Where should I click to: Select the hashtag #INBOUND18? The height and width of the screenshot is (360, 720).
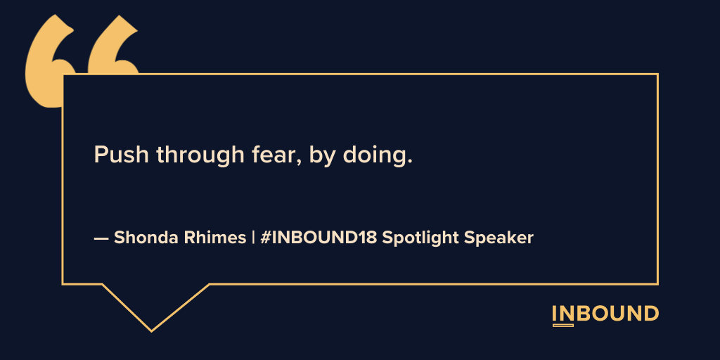[318, 238]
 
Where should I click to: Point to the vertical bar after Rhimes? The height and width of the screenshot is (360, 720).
[253, 238]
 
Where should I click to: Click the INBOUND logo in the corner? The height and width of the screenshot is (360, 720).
[605, 314]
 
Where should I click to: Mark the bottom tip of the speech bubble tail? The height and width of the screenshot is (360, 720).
[150, 330]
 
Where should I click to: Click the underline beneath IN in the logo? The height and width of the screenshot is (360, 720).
[563, 326]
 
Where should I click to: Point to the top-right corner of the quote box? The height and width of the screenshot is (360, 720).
[657, 74]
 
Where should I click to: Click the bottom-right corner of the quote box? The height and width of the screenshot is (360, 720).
[657, 284]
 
